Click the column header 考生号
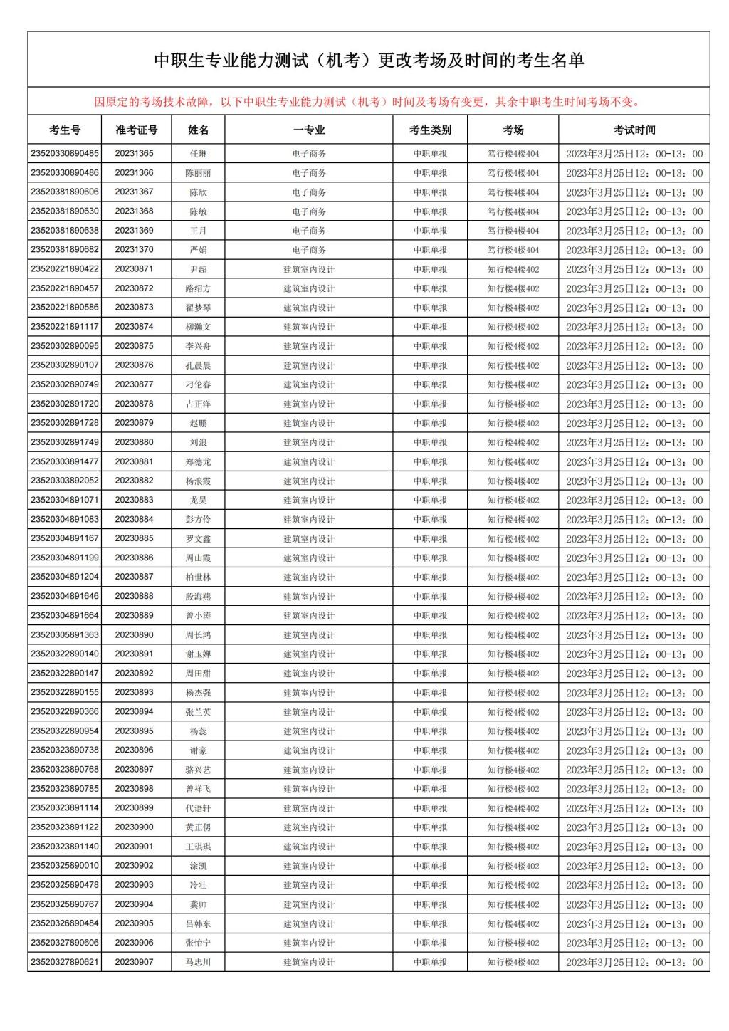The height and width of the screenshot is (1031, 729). tap(65, 130)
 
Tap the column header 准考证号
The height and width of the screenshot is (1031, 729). tap(136, 130)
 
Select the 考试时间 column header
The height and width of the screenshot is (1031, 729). tap(634, 130)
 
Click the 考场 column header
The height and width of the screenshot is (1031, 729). tap(513, 130)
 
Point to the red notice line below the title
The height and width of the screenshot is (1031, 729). tap(368, 102)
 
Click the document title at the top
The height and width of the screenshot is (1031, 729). tap(369, 61)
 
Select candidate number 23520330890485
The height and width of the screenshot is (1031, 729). tap(65, 153)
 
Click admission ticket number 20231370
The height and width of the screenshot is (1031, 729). tap(134, 250)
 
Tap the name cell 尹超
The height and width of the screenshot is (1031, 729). tap(198, 269)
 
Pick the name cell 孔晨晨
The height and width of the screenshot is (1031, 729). tap(198, 365)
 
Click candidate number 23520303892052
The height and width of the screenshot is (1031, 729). tap(65, 481)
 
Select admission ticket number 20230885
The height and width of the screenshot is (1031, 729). tap(134, 538)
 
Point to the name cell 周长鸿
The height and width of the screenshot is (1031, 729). tap(198, 635)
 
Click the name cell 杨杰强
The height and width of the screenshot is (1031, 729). tap(198, 693)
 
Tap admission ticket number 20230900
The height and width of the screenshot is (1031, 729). tap(134, 827)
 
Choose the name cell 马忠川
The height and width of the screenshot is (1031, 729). tap(198, 962)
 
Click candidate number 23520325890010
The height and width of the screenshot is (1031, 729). tap(65, 866)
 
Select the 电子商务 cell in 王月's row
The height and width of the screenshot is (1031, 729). tap(309, 231)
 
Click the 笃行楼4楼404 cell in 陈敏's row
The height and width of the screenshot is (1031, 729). tap(513, 211)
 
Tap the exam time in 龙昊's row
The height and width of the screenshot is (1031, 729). tap(634, 500)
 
